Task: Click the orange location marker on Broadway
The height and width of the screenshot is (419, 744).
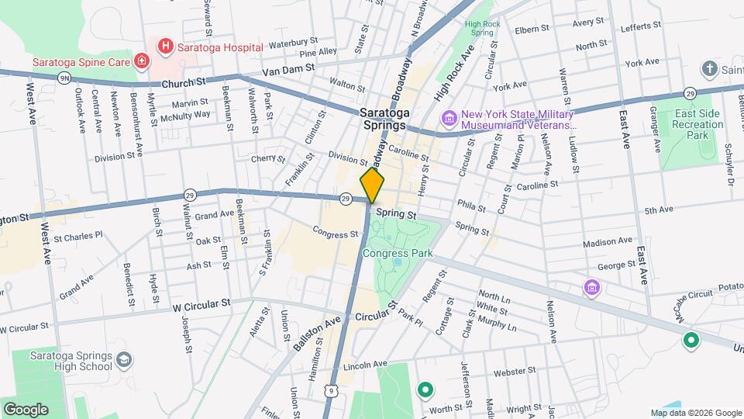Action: click(372, 186)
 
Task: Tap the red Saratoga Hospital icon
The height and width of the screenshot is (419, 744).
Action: click(164, 47)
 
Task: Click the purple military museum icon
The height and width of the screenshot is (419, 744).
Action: click(449, 118)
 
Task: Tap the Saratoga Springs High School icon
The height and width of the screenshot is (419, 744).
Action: click(124, 360)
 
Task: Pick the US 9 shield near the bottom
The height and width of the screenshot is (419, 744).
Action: click(332, 390)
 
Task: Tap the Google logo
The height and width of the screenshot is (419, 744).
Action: click(26, 409)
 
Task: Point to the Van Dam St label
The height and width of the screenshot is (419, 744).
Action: click(288, 69)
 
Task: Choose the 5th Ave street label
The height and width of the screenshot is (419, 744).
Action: click(660, 210)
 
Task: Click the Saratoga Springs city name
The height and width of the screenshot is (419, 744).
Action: click(394, 118)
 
